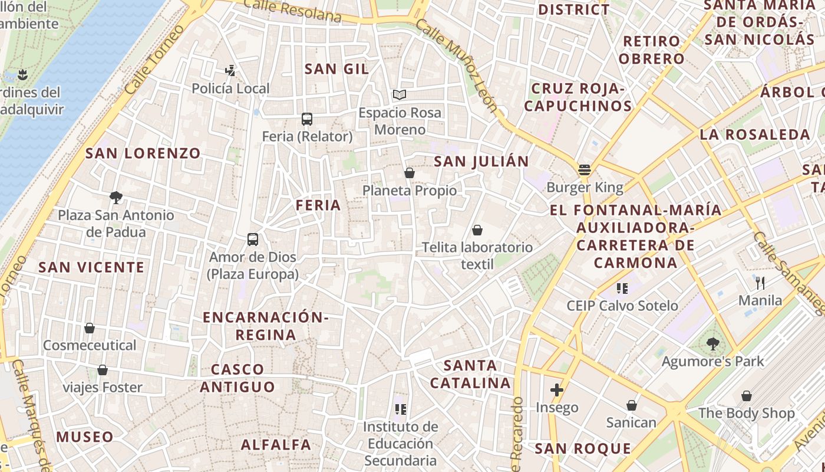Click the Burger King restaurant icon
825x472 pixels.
tap(585, 170)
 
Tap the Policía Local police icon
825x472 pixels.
tap(230, 71)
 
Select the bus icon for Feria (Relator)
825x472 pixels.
tap(307, 119)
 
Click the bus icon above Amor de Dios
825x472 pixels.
tap(253, 240)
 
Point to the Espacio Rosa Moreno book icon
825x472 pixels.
tap(400, 94)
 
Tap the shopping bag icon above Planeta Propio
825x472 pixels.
tap(410, 173)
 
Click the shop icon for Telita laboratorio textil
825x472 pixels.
tap(477, 230)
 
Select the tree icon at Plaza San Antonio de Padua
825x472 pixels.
tap(116, 198)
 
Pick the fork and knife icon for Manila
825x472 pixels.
tap(760, 283)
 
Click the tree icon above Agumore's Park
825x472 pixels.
tap(712, 343)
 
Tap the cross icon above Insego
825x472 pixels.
tap(557, 389)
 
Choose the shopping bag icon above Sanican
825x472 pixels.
tap(631, 405)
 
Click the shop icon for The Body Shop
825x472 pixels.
tap(747, 396)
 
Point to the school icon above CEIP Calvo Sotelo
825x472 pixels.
tap(622, 288)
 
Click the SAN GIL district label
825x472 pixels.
tap(336, 69)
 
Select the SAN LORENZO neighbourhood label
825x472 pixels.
tap(143, 153)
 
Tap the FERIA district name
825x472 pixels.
tap(318, 205)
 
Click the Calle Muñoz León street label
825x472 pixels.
tap(457, 65)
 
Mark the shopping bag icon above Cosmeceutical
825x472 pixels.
tap(90, 328)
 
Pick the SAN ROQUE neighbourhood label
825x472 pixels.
tap(582, 448)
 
